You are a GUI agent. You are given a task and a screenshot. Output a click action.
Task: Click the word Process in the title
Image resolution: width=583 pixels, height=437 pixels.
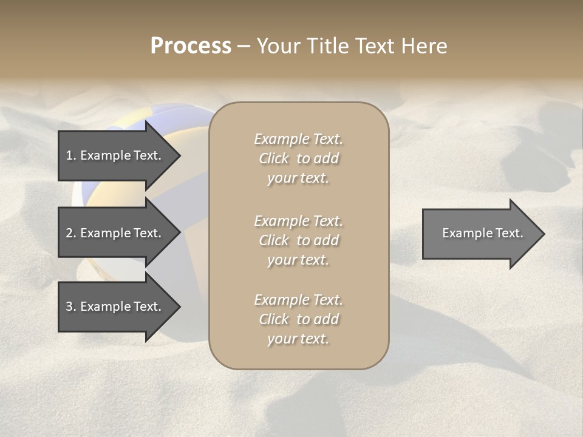[191, 46]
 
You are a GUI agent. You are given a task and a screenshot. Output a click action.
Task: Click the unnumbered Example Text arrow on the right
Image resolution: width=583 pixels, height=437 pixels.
[480, 234]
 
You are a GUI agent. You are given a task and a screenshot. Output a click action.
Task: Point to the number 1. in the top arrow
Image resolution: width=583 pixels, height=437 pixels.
[71, 155]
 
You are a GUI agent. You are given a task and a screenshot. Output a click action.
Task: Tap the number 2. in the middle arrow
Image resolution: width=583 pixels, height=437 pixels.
[71, 233]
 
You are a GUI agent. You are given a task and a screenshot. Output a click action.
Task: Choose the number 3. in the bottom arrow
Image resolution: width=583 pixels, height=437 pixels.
[71, 307]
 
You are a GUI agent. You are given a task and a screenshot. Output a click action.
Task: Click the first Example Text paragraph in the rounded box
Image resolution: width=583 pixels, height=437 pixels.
[298, 158]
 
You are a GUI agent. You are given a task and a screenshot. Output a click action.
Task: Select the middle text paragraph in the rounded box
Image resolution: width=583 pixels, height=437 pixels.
[298, 240]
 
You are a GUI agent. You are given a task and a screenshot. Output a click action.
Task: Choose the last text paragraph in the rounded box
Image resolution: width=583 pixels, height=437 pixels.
[298, 319]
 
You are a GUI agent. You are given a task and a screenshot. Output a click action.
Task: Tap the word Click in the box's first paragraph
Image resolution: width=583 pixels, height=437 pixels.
[274, 158]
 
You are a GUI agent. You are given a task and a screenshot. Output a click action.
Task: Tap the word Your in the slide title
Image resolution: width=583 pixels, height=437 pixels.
[280, 46]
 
